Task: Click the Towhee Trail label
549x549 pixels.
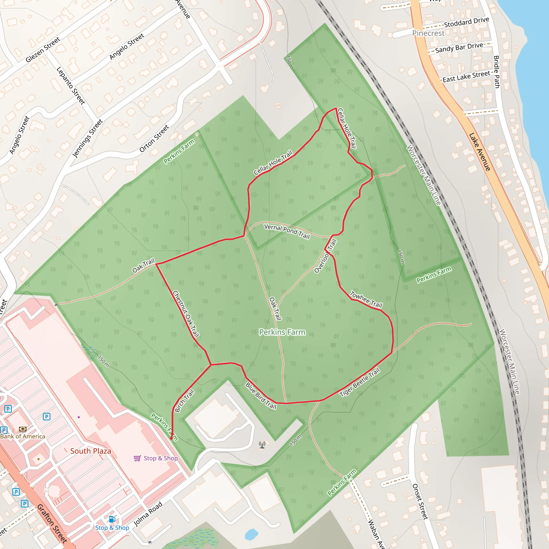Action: tap(366, 299)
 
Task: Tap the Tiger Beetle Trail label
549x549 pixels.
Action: tap(359, 382)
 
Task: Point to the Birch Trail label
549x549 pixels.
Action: tap(184, 401)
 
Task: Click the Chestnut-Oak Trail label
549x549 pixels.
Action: tap(186, 314)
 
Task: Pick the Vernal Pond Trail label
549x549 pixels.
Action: tap(287, 231)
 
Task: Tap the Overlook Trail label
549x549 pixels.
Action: tap(325, 256)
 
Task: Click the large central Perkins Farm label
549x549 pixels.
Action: tap(282, 332)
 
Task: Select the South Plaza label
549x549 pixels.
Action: tap(91, 451)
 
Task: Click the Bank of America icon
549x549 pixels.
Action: tap(23, 429)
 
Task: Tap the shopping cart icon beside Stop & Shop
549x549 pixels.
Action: tap(138, 458)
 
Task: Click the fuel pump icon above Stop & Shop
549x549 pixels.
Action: tap(112, 519)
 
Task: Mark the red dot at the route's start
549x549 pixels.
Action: tap(171, 439)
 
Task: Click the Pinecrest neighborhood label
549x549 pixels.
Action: tap(428, 33)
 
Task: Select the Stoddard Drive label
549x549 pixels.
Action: tap(466, 22)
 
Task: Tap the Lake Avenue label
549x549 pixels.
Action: tap(480, 152)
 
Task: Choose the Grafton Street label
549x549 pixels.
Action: tap(52, 524)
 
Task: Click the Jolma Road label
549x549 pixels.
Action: tap(148, 514)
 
